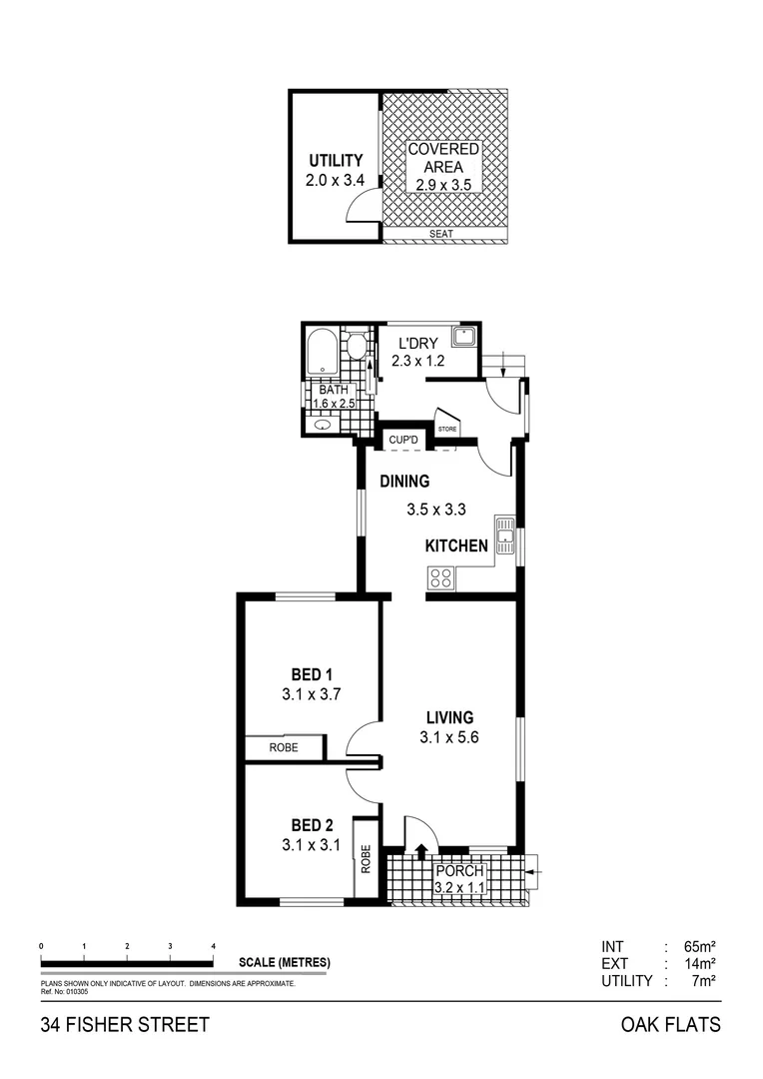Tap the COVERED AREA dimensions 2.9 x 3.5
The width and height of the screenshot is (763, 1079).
443,185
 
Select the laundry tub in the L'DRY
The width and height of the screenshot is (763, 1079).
463,337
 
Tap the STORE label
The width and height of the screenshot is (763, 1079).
446,428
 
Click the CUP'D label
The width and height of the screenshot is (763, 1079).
402,440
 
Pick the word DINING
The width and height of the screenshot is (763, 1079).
404,482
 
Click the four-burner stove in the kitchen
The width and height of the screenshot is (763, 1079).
440,576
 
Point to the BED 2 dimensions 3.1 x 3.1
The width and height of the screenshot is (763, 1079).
312,845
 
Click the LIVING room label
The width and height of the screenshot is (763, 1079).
449,717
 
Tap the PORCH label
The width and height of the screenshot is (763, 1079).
459,870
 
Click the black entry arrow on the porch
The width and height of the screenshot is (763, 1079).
420,851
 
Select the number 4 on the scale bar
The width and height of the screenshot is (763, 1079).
214,945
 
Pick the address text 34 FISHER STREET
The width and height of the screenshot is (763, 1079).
125,1025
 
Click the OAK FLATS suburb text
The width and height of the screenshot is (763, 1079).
670,1025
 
